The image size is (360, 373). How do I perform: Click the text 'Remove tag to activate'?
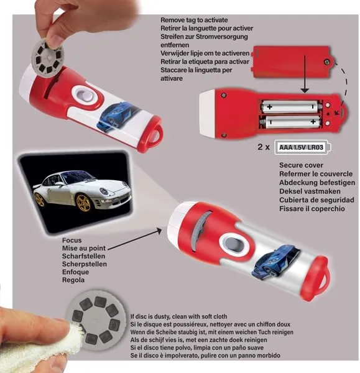(194, 20)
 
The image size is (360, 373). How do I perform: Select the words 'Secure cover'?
(301, 165)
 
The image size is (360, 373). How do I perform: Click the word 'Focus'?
(72, 240)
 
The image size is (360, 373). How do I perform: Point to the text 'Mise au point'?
(84, 248)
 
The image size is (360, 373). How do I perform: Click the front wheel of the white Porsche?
(83, 203)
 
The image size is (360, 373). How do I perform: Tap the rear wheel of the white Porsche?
(39, 200)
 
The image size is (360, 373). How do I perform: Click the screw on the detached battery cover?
(326, 62)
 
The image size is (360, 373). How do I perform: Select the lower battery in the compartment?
(289, 122)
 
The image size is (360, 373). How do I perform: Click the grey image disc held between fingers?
(48, 59)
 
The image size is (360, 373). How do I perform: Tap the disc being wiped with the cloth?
(96, 318)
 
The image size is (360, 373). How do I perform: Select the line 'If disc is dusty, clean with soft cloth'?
(178, 316)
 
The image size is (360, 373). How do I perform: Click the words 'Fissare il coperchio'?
(312, 209)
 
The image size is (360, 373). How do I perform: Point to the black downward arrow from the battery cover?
(305, 74)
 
